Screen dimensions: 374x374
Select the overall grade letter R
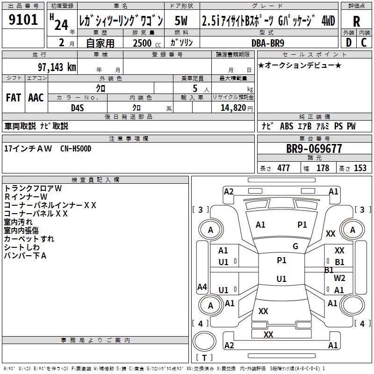[x=356, y=22]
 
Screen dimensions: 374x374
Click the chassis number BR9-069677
[x=314, y=149]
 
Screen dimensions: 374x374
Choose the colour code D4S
[x=78, y=108]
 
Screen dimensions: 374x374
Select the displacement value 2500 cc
[x=144, y=43]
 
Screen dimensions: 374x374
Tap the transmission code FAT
[x=13, y=98]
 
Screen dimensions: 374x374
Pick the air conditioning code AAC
[x=36, y=98]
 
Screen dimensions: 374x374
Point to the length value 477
[x=283, y=168]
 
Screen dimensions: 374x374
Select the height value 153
[x=360, y=168]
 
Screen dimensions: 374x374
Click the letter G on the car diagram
[x=295, y=246]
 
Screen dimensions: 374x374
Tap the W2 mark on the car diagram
[x=339, y=278]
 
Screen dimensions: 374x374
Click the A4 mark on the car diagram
[x=202, y=287]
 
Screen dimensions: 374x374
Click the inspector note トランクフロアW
[x=33, y=188]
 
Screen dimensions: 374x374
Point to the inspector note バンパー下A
[x=25, y=256]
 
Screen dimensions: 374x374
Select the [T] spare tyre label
[x=204, y=358]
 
